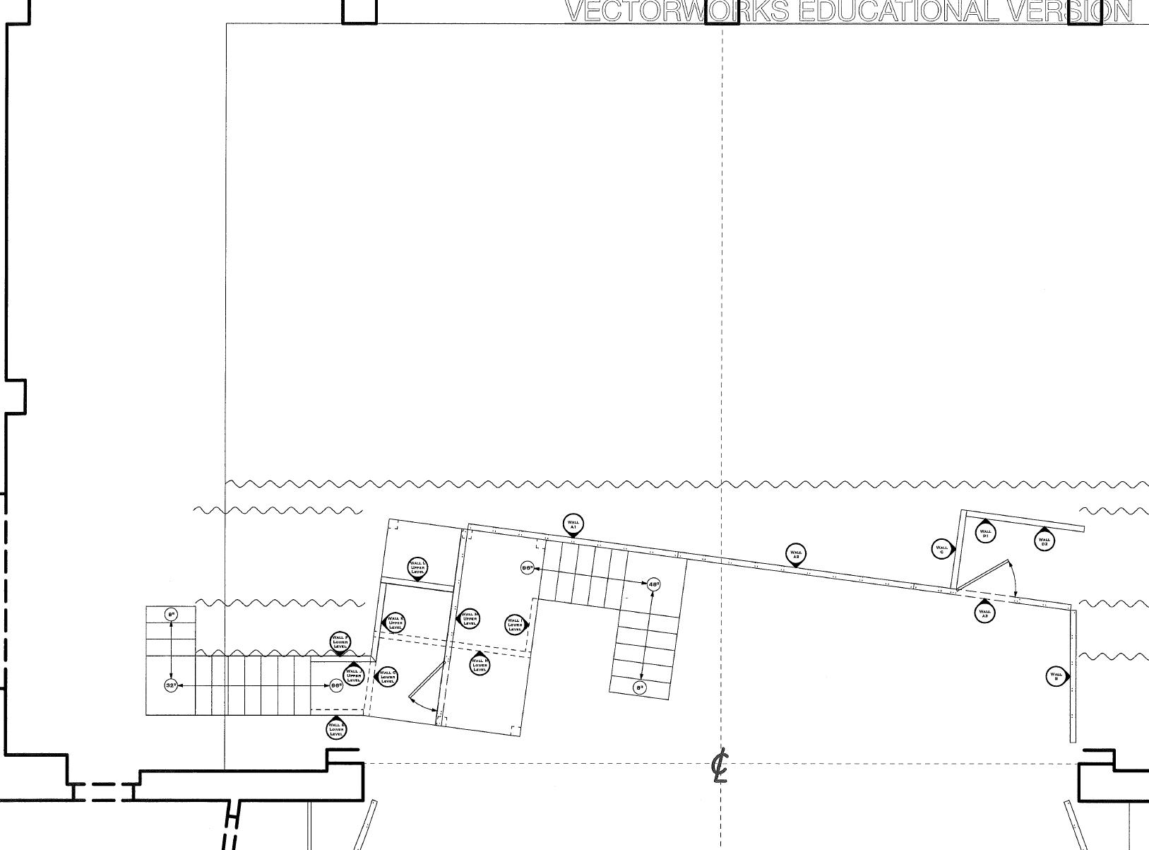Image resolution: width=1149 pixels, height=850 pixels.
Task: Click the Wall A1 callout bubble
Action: (573, 526)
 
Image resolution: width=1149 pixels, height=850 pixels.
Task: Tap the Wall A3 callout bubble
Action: (984, 613)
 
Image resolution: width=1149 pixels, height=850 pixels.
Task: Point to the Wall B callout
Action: (1056, 676)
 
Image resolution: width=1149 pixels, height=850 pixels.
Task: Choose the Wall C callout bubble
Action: (942, 548)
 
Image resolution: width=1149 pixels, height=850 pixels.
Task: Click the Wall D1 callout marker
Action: (985, 533)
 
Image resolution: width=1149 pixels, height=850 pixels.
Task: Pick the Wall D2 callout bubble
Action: (1044, 541)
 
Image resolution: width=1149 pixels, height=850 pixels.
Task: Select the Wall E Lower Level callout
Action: (337, 729)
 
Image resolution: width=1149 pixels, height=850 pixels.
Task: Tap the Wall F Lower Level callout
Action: (340, 642)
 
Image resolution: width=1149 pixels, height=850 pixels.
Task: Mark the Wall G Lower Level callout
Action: (387, 676)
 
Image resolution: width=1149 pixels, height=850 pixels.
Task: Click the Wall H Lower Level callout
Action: (480, 665)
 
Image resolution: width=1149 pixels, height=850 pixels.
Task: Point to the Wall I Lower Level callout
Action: (516, 625)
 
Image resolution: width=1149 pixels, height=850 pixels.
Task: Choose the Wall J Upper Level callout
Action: (354, 675)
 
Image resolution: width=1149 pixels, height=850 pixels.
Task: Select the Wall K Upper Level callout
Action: (395, 622)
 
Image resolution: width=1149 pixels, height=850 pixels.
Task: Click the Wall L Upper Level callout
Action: (417, 567)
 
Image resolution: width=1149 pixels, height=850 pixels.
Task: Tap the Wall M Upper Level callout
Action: (469, 619)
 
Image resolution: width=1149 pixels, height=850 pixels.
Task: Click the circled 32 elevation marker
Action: (171, 685)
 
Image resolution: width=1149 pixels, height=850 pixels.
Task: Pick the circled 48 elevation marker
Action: (653, 584)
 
